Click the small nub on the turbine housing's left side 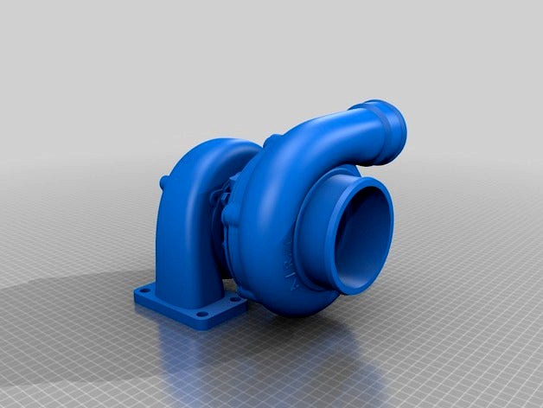pos(163,182)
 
